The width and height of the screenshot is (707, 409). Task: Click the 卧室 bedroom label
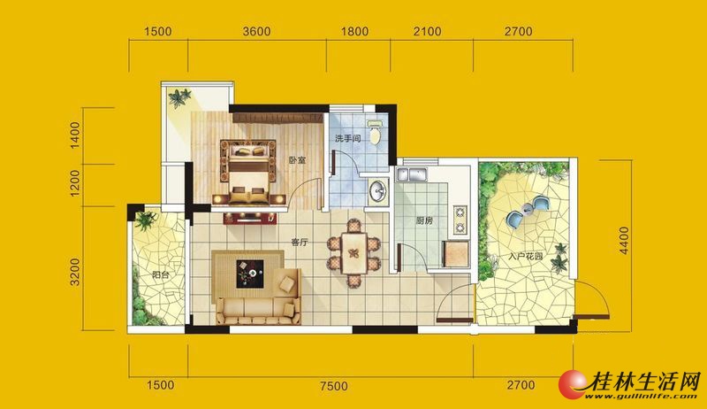298,160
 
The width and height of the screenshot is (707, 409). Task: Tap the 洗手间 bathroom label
347,139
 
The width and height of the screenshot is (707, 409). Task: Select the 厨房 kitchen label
424,221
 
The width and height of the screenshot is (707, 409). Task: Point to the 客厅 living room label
300,243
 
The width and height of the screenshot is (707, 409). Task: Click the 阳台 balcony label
161,274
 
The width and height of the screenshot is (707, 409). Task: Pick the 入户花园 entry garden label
525,257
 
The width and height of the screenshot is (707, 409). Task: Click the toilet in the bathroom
375,132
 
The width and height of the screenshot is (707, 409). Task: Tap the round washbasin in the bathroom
378,190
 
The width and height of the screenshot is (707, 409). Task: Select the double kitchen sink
412,174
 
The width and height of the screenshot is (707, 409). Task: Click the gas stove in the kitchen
460,220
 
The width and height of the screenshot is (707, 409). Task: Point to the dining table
354,253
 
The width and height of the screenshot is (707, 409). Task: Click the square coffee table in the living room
250,274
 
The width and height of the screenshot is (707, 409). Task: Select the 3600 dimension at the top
256,32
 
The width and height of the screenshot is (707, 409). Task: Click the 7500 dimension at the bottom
334,386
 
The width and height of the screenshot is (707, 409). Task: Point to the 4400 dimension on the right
624,241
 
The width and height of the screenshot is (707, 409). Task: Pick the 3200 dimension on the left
75,272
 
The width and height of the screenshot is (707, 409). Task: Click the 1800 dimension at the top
354,32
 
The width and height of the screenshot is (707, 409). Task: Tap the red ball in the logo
572,384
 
